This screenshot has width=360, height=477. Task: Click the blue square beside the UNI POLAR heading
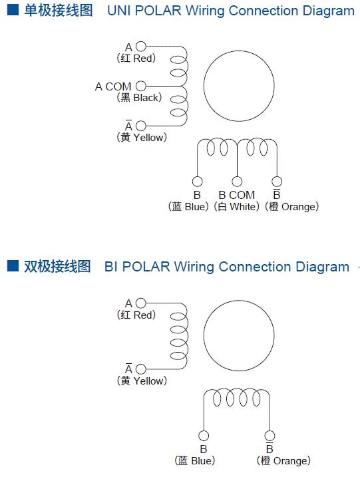click(13, 10)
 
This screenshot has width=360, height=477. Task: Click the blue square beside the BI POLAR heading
click(13, 265)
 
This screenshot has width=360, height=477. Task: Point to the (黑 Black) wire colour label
click(139, 98)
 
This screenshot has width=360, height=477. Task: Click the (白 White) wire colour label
click(236, 206)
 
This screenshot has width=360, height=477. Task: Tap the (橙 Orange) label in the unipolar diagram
click(292, 206)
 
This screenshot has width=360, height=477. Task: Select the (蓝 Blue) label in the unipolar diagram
click(188, 206)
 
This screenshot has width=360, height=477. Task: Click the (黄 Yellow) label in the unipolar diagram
click(142, 137)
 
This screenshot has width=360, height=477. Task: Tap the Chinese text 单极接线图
click(59, 11)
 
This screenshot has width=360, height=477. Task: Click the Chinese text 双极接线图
click(57, 266)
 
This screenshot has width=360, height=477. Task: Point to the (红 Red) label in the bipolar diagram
click(136, 315)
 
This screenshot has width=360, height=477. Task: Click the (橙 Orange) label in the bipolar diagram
click(283, 460)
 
